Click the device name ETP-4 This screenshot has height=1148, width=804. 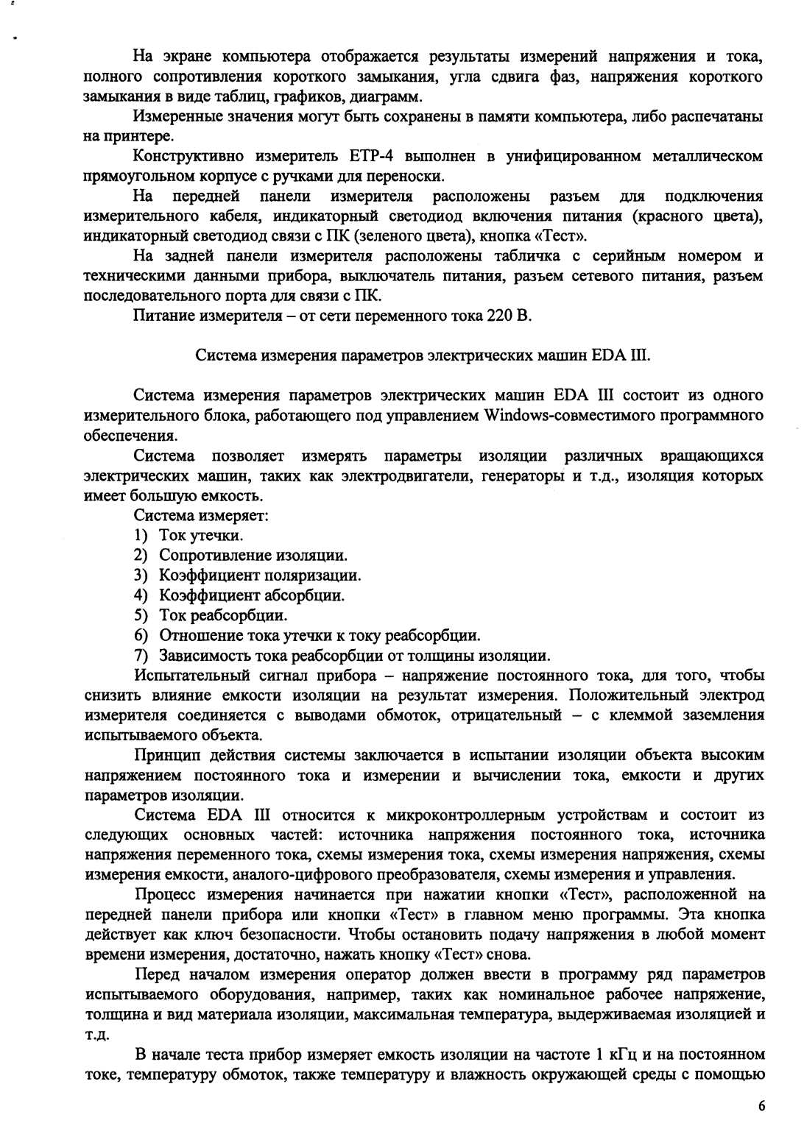coord(361,157)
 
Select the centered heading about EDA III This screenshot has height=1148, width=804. coord(423,356)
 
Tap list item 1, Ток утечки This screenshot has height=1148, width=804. coord(201,535)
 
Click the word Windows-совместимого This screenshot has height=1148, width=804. coord(558,416)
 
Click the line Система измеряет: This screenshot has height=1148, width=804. coord(200,516)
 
